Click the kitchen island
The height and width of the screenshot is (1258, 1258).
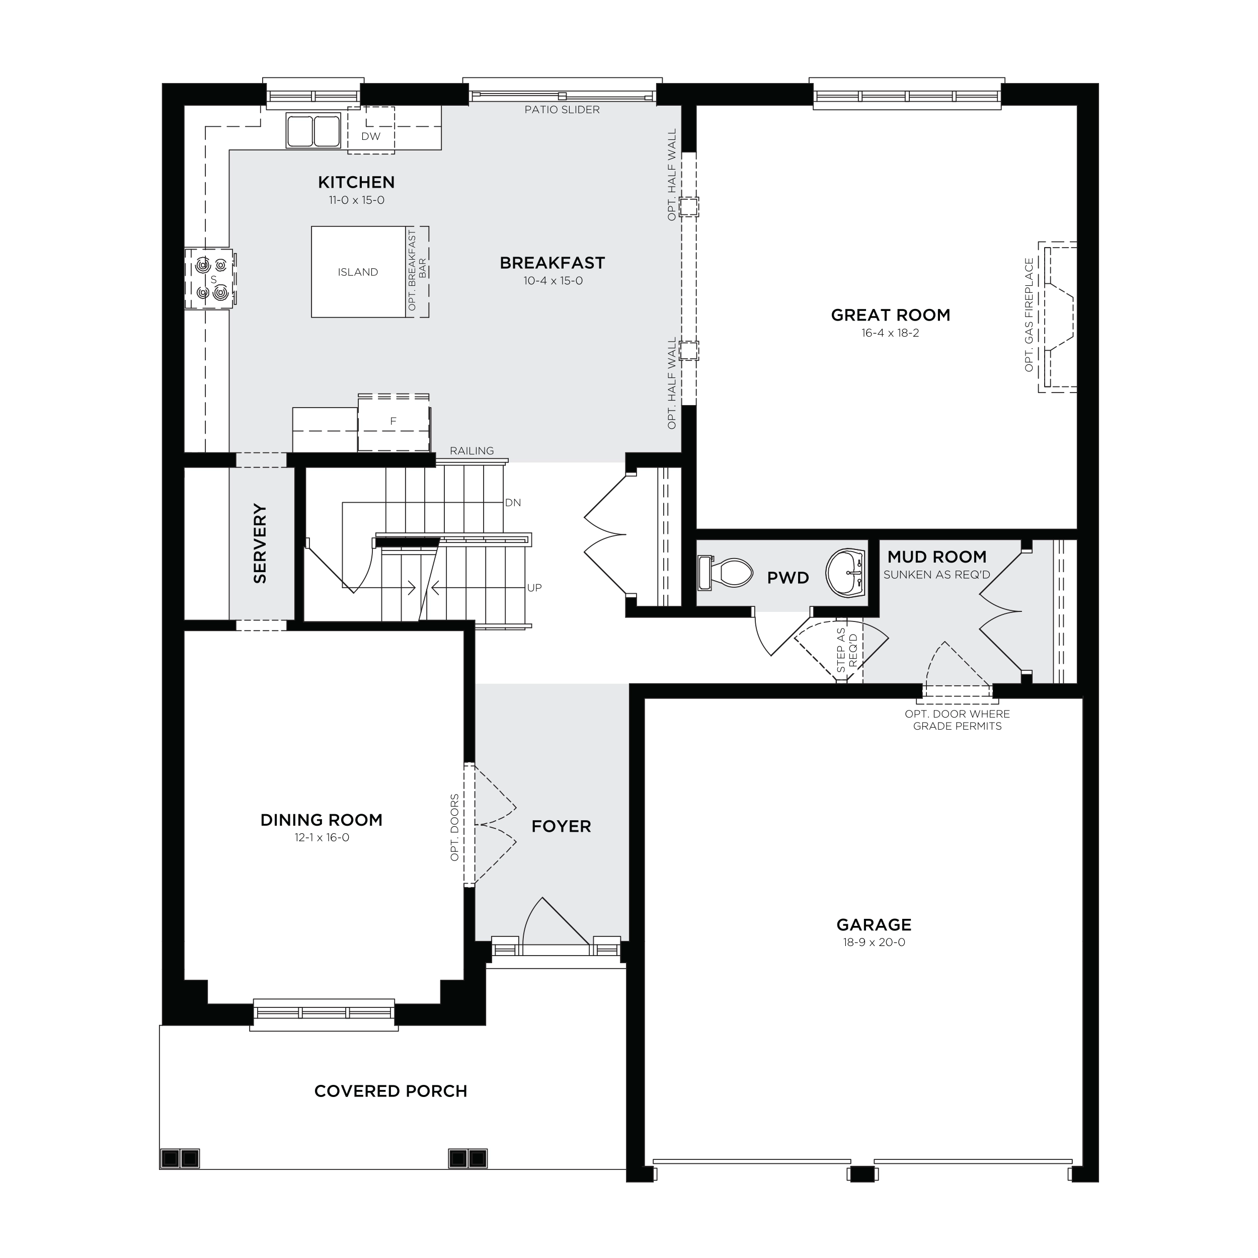point(358,272)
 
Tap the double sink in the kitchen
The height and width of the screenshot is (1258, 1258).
point(313,130)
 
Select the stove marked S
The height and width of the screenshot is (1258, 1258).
point(210,279)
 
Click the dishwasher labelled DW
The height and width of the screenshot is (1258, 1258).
point(370,130)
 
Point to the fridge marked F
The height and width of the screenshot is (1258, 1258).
point(394,423)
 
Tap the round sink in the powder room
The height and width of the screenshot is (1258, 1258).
point(846,572)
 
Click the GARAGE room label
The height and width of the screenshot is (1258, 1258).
point(874,924)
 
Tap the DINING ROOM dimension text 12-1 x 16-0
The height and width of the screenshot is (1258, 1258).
point(322,837)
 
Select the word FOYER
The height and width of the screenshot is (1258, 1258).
point(561,826)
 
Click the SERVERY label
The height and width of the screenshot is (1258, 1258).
point(260,543)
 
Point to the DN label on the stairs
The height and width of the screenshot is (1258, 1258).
point(513,503)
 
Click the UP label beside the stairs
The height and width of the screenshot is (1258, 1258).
point(534,587)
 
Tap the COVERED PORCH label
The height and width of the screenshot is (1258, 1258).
point(390,1091)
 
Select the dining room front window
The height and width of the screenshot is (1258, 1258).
point(324,1012)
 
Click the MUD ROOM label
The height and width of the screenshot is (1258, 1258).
point(937,557)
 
